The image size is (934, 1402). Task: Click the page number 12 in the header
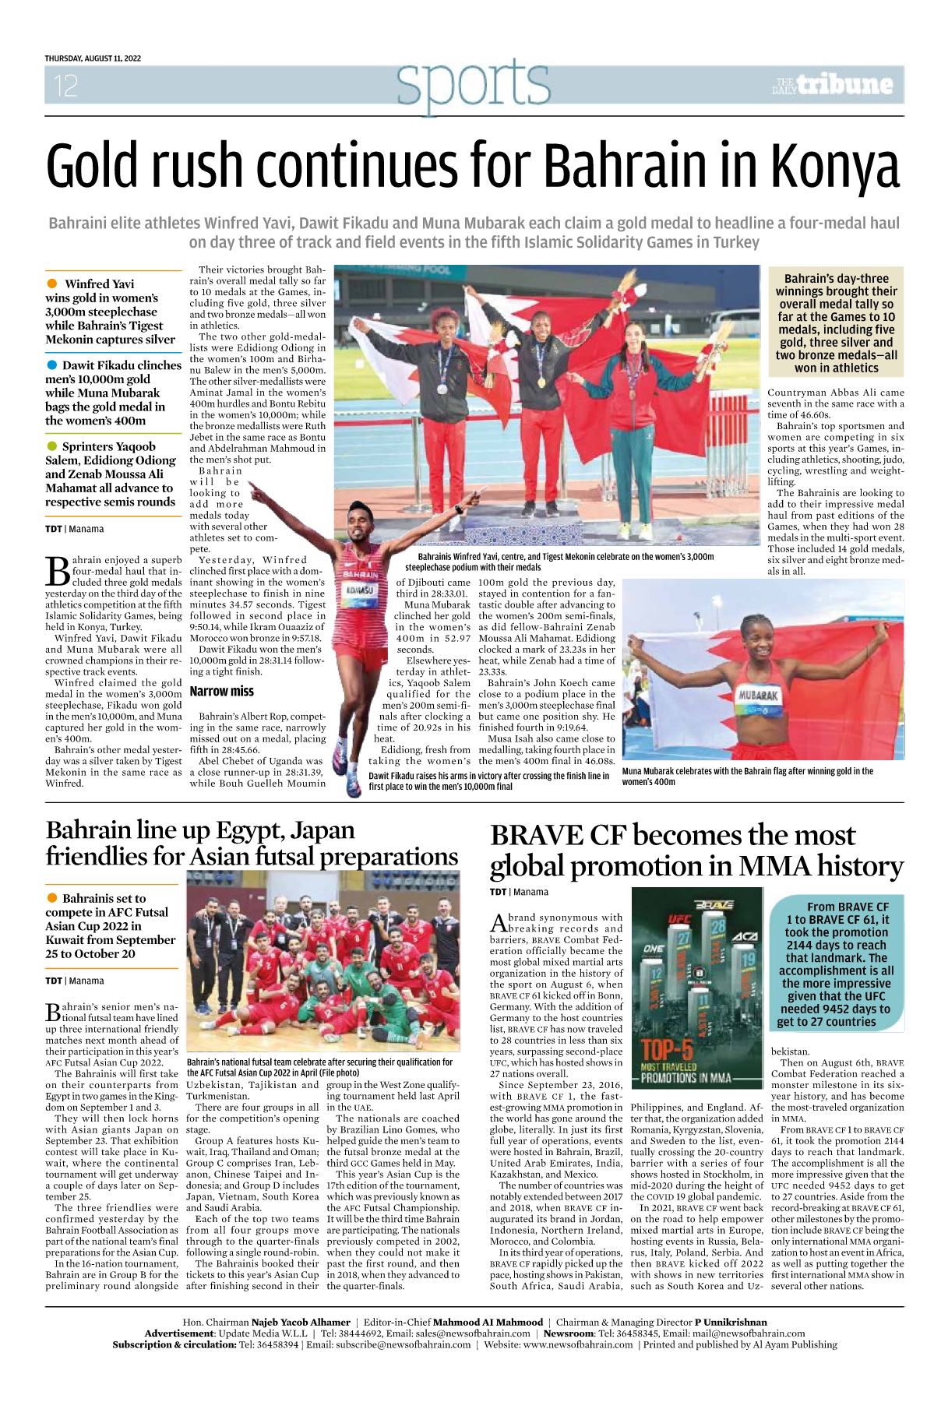coord(66,86)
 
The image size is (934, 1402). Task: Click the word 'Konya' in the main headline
coord(835,166)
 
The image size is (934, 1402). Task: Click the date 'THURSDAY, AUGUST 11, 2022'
coord(93,58)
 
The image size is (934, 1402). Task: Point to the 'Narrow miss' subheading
coord(221,691)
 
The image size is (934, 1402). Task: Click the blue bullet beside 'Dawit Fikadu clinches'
coord(52,365)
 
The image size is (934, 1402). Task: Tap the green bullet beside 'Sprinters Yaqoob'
coord(52,446)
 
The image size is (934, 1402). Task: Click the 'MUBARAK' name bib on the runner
coord(757,694)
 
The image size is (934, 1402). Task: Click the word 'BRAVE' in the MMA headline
coord(544,836)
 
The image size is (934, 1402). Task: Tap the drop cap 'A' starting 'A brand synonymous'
coord(499,923)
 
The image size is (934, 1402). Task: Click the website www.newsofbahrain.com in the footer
coord(577,1344)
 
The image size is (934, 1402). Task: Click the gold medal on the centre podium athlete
coord(540,382)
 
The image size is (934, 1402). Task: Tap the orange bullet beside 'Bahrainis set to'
coord(52,898)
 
